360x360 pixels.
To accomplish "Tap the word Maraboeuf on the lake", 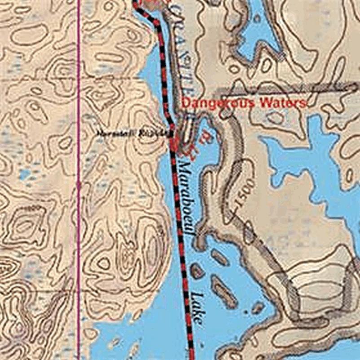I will pos(186,198).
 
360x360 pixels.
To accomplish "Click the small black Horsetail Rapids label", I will pos(134,133).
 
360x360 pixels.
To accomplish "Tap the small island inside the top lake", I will pos(257,19).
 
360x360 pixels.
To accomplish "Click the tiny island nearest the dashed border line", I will pos(197,271).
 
